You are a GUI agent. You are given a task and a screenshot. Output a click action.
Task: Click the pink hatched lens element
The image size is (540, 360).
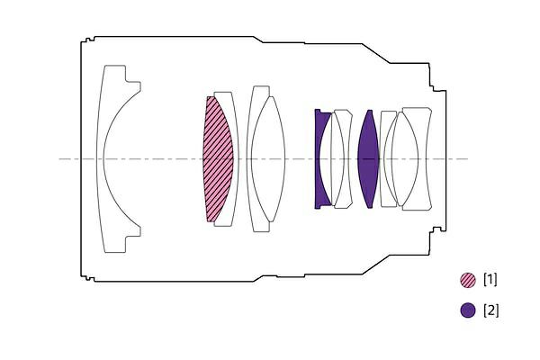tap(218, 159)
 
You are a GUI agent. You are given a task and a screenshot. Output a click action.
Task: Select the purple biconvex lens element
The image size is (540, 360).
tap(368, 159)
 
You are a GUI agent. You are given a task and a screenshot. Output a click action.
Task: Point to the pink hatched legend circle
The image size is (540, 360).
tap(468, 280)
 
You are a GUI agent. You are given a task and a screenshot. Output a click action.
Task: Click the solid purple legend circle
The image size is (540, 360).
tap(468, 310)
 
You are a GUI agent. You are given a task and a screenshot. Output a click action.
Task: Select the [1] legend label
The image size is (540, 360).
tap(490, 279)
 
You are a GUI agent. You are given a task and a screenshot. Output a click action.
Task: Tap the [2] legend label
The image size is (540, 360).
tap(490, 310)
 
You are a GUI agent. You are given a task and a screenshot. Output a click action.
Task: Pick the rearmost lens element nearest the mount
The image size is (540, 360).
tap(427, 159)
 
